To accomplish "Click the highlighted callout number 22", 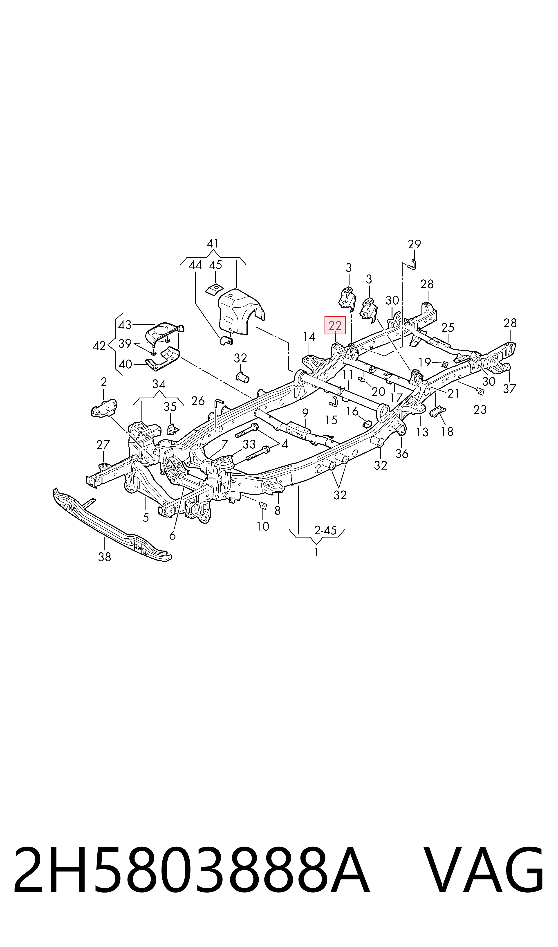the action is pos(335,325).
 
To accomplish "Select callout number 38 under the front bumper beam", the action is pos(105,557).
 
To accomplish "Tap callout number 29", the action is pos(414,245).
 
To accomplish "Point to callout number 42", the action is pos(99,346).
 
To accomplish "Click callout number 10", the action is pos(263,526).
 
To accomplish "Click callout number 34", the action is pos(159,384).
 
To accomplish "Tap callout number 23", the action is pos(480,409).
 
